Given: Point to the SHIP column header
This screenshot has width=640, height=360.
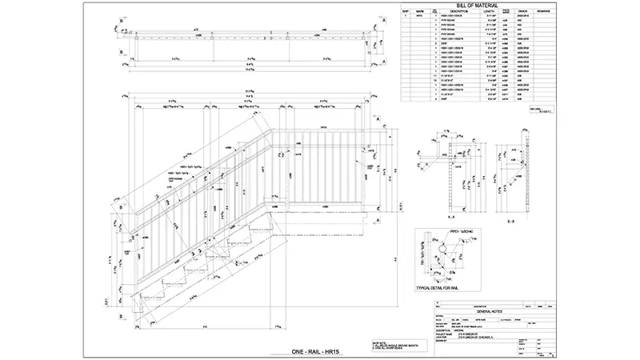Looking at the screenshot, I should coord(406,11).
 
